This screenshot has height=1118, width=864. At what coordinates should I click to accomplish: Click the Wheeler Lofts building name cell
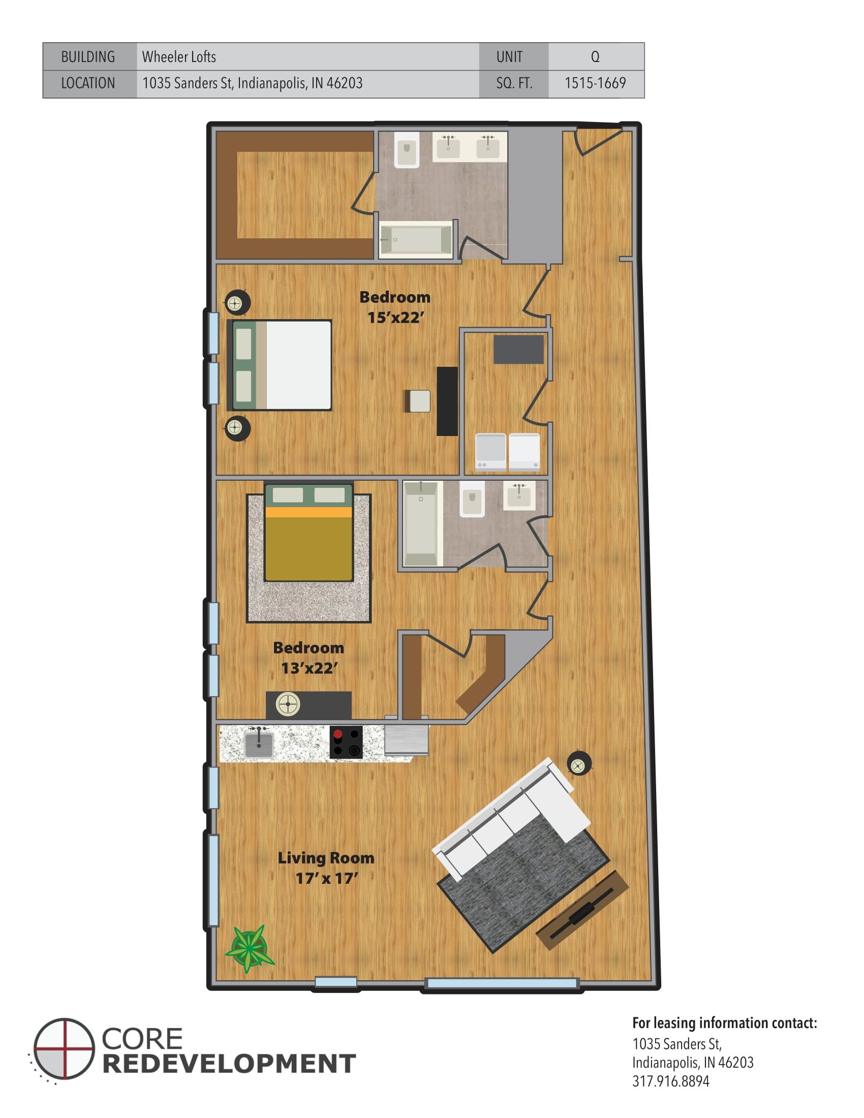179,57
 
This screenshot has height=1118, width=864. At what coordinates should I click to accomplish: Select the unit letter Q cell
595,57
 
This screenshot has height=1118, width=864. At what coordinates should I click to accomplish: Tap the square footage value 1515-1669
595,83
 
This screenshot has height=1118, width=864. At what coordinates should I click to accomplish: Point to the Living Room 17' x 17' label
326,867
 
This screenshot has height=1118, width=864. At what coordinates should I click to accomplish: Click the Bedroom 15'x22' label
394,307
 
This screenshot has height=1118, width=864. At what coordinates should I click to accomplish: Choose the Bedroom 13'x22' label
308,658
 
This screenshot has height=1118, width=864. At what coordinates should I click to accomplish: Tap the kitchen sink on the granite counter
259,744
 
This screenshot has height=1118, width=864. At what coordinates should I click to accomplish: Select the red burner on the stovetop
338,735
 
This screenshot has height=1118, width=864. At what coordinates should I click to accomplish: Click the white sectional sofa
512,814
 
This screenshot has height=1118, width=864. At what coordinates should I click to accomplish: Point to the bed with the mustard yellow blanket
308,533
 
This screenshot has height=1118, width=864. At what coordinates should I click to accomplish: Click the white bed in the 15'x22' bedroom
282,365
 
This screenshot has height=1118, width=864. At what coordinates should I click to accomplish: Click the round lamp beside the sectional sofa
579,766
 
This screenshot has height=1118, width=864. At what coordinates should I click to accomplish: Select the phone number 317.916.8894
670,1081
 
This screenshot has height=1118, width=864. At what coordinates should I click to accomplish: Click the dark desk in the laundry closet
518,350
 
